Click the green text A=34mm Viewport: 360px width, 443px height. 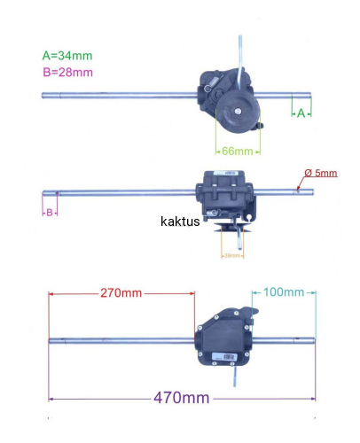point(67,56)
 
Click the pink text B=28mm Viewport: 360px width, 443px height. point(68,73)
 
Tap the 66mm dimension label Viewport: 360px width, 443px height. point(238,152)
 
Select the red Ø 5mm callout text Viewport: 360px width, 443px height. point(321,173)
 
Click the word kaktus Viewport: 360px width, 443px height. point(180,221)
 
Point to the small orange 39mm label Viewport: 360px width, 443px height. point(232,255)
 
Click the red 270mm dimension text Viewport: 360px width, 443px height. point(121,293)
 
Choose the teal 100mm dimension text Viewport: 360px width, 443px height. point(284,292)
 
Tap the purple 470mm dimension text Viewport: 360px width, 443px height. point(182,398)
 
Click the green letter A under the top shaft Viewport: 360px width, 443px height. point(301,113)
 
